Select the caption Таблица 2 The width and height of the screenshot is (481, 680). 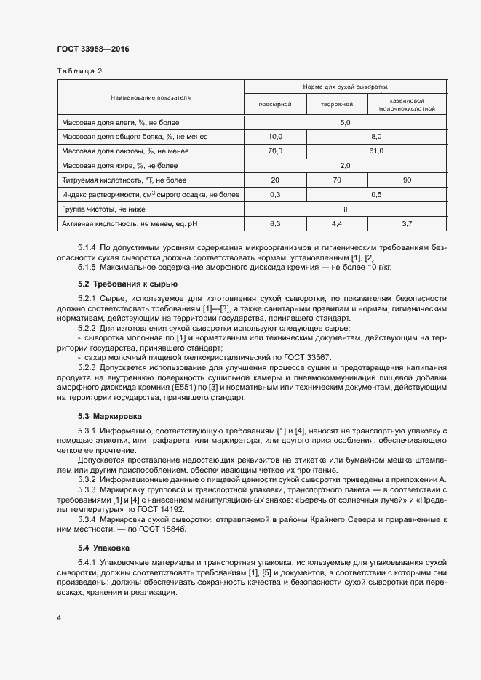[79, 71]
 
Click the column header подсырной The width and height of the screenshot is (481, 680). [275, 105]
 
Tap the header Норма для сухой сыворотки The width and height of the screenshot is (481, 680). [346, 87]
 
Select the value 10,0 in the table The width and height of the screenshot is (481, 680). [275, 137]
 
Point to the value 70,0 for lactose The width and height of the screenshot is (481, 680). [275, 151]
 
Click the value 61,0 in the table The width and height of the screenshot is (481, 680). [376, 151]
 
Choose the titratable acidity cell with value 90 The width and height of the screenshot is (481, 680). [407, 180]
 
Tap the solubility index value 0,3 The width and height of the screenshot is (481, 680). [275, 194]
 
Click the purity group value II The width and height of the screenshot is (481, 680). [346, 209]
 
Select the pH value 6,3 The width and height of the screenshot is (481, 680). [275, 223]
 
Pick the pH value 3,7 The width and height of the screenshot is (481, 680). [407, 223]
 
